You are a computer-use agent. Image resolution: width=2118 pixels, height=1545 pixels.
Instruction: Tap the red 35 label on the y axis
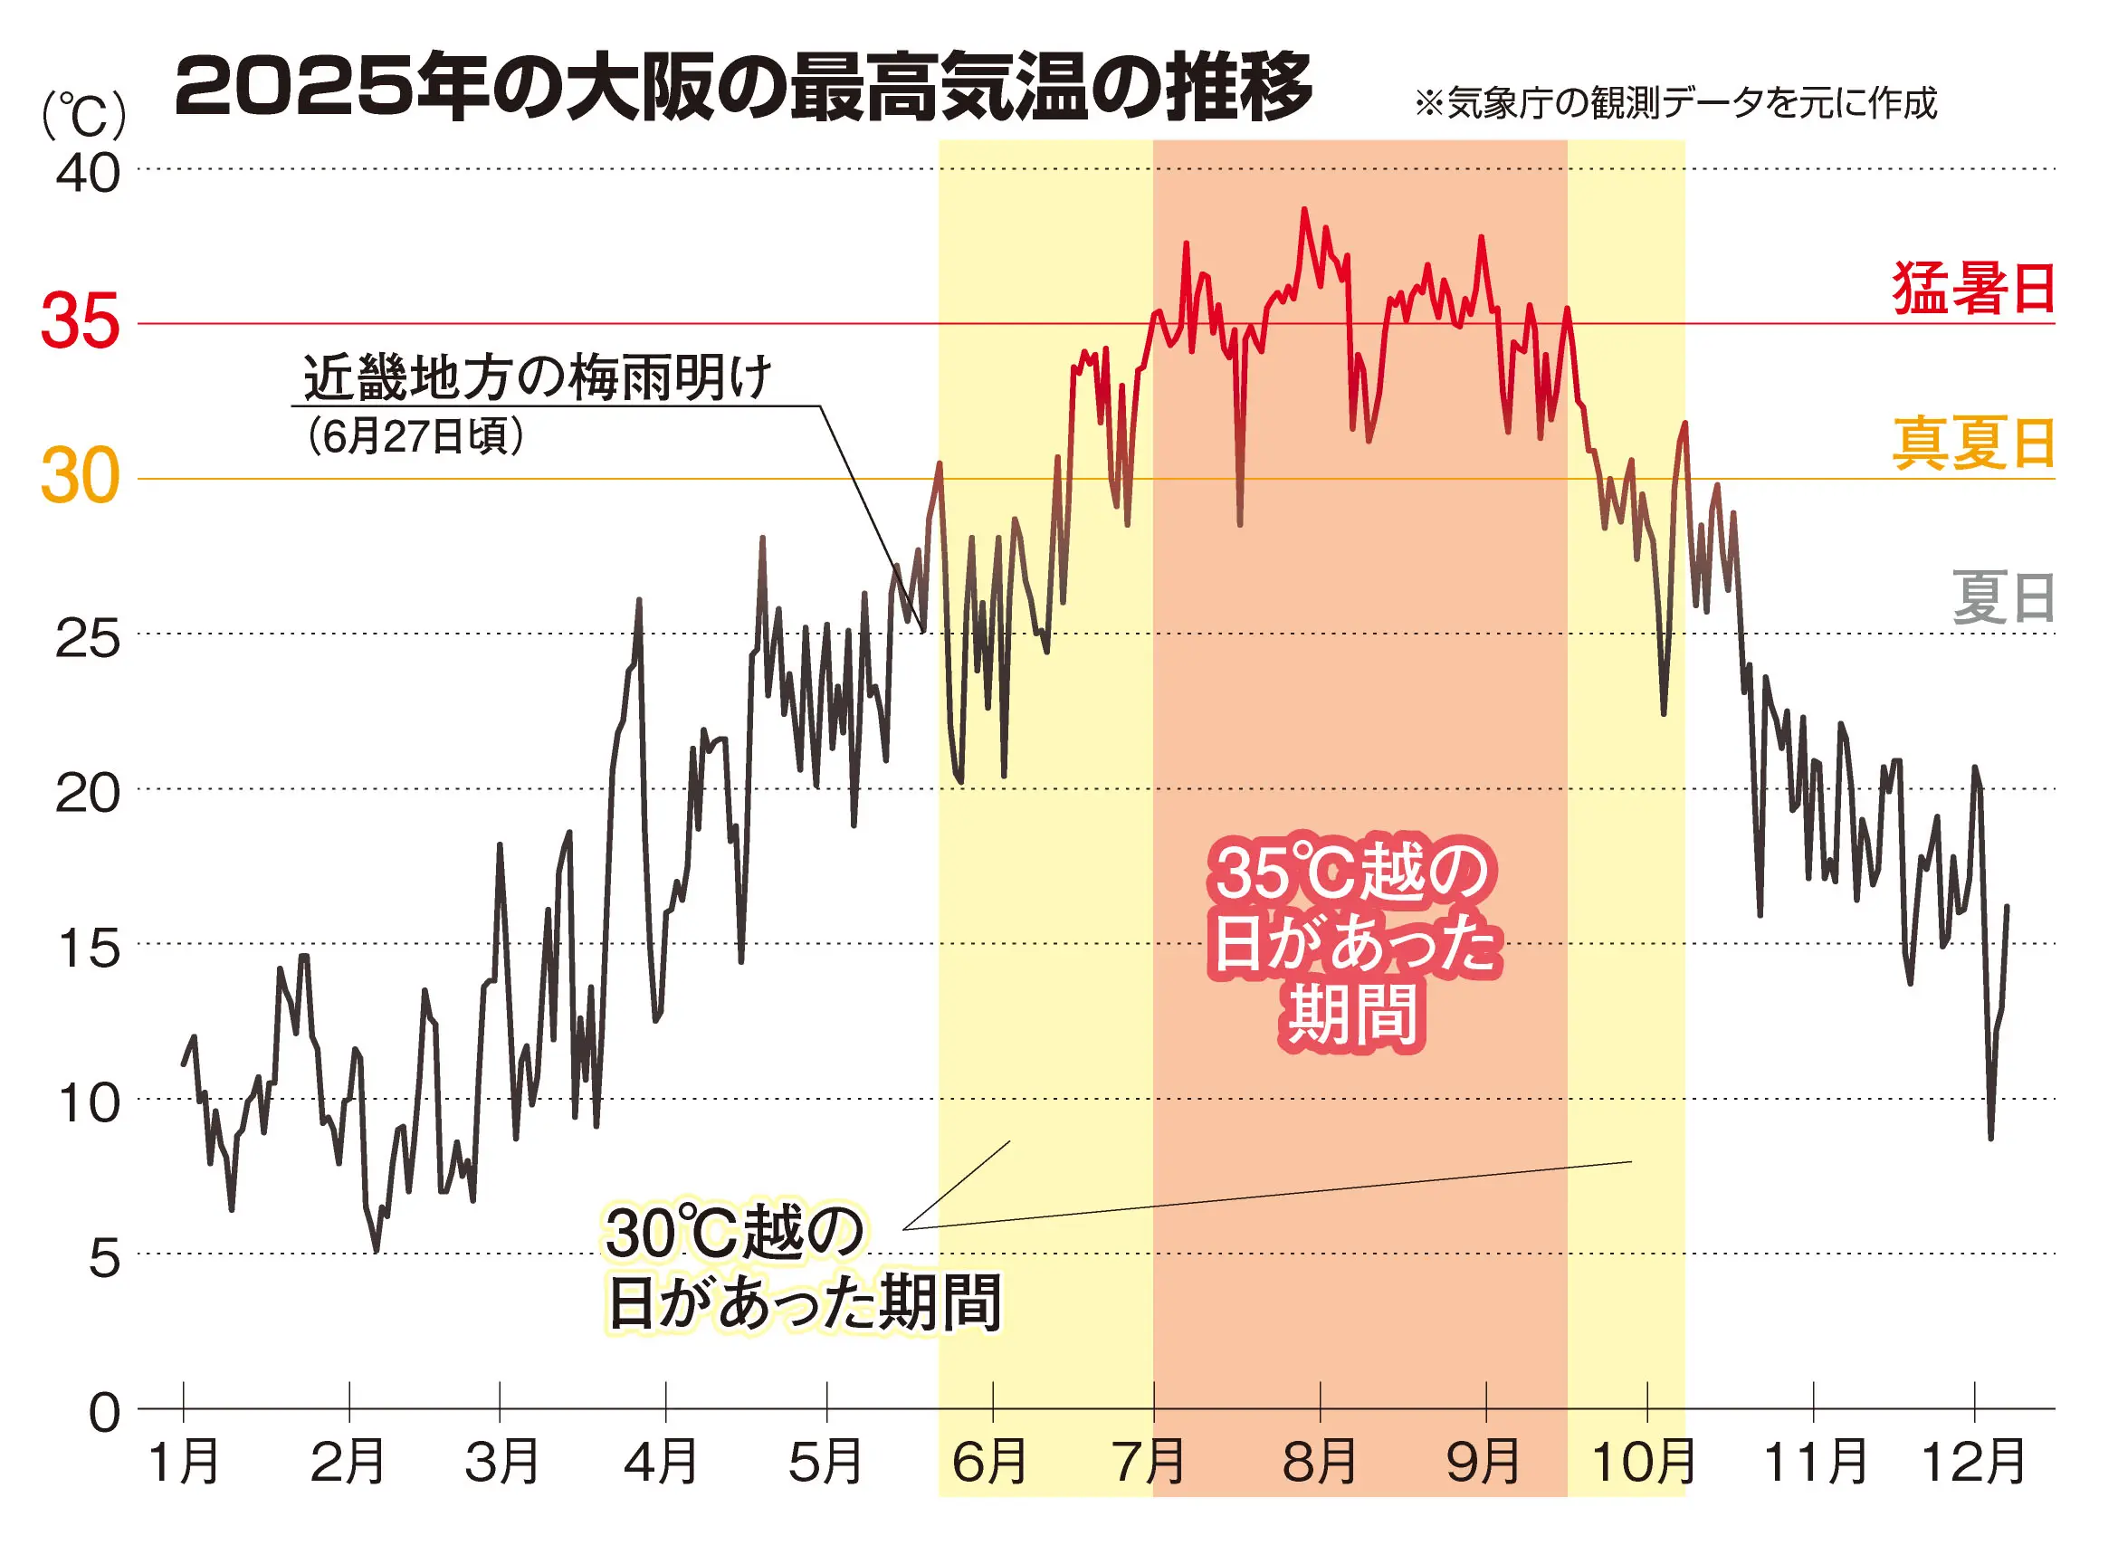[81, 321]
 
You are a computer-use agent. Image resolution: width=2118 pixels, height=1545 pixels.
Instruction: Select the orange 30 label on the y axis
[81, 477]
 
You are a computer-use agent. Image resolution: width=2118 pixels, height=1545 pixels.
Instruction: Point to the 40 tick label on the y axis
[88, 174]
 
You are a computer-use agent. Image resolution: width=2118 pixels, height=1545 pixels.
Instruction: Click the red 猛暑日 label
[1973, 288]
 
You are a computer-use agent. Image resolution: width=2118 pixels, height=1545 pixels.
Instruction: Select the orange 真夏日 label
[1973, 443]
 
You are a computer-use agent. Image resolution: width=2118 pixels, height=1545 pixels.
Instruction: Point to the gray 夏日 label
[2003, 598]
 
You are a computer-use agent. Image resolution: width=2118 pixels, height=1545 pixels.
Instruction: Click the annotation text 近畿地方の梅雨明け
[537, 377]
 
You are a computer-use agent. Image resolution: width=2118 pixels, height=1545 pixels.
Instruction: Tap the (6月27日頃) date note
[415, 436]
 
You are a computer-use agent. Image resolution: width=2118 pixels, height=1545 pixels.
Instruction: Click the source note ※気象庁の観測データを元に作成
[1675, 103]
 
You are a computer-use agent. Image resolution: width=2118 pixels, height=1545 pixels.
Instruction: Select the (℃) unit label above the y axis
[84, 116]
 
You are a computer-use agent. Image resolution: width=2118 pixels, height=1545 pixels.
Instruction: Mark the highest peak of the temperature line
[1304, 209]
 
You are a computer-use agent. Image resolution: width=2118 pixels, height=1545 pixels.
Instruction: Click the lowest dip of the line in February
[376, 1251]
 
